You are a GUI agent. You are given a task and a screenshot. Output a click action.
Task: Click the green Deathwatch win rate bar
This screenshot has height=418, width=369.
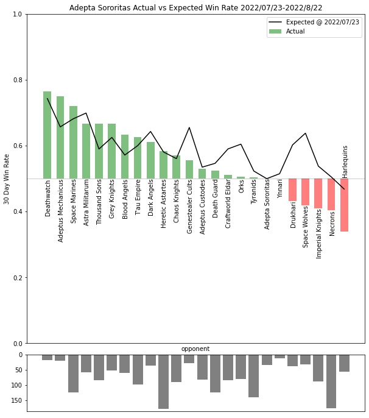coord(47,135)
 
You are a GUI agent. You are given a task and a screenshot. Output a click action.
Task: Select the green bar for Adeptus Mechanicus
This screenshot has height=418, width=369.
coord(60,138)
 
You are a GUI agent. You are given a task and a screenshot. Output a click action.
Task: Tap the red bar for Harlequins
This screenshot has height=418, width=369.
coord(345,205)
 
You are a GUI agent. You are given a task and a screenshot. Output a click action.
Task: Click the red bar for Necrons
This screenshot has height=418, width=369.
coord(331,194)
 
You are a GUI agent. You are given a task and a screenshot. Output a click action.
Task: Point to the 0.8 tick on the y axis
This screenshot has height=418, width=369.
coord(18,80)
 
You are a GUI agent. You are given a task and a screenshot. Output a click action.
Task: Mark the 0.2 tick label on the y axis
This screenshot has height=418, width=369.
coord(18,278)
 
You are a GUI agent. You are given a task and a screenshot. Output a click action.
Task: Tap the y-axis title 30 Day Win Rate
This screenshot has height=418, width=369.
coord(7,179)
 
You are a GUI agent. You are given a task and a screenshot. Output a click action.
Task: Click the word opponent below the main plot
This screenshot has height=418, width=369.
coord(195,349)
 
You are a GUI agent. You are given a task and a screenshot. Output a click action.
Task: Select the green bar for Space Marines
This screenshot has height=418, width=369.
coord(73,143)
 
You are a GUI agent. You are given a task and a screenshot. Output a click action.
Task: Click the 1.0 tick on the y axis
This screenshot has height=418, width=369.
coord(18,15)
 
